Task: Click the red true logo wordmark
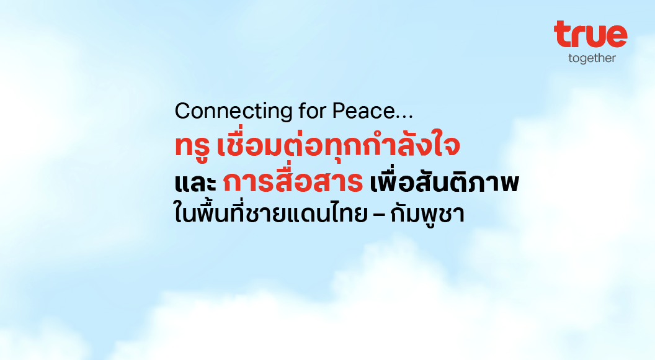[590, 34]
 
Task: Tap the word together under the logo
[592, 58]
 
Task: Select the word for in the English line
[312, 111]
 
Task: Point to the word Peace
[363, 111]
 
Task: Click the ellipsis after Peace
[404, 117]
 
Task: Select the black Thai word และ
[195, 183]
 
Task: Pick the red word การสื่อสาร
[293, 181]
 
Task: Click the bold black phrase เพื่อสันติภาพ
[445, 181]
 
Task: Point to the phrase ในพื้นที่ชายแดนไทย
[270, 213]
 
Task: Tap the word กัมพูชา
[427, 214]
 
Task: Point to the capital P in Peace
[339, 111]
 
